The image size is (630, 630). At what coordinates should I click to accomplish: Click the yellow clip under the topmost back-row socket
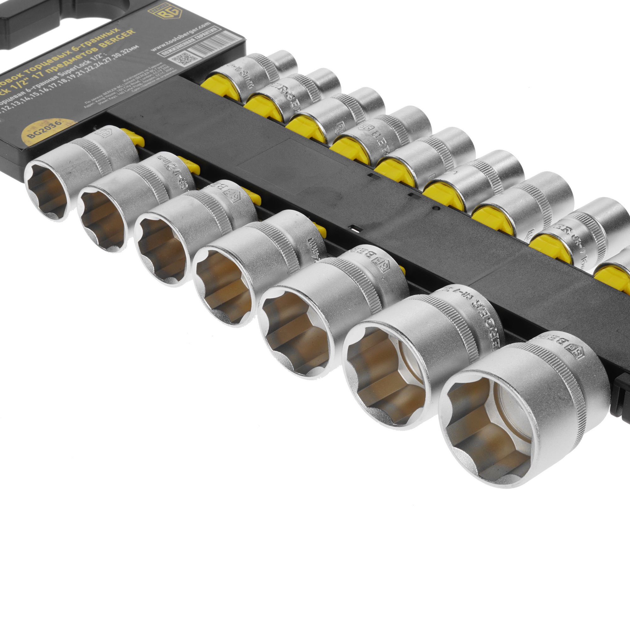[x=217, y=88]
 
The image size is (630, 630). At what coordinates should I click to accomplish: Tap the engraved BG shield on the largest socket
[x=578, y=354]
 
